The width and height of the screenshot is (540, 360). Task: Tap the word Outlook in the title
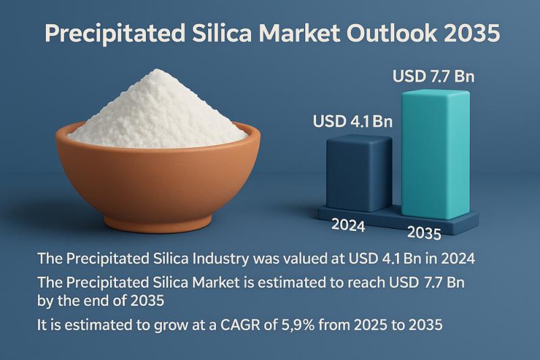[x=392, y=34]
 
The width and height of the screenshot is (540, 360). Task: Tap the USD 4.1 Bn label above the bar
[x=352, y=123]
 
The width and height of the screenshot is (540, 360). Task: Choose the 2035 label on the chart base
[x=424, y=232]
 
